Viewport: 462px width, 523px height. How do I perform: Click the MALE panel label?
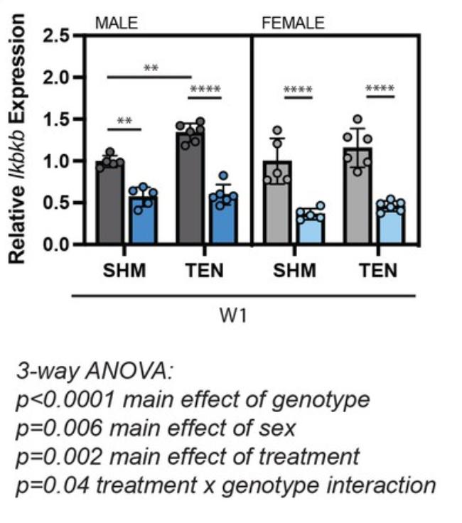117,23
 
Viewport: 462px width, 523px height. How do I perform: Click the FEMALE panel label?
293,23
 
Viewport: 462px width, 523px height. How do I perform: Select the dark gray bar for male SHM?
110,203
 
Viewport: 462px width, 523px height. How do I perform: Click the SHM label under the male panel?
126,271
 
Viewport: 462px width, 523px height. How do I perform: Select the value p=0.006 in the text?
51,428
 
